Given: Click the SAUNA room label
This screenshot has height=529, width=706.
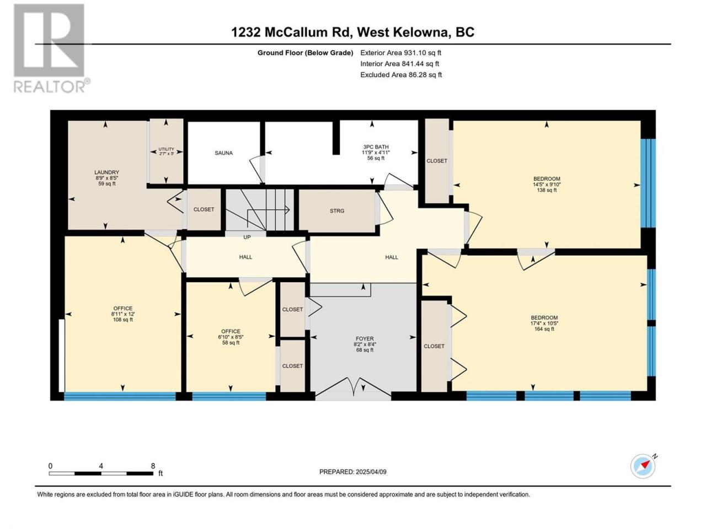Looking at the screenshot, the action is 223,153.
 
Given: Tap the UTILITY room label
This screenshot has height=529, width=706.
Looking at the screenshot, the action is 166,149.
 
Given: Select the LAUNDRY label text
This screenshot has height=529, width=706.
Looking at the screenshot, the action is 107,172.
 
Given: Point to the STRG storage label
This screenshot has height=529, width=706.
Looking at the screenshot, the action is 337,210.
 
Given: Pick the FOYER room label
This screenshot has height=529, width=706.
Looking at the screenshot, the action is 365,338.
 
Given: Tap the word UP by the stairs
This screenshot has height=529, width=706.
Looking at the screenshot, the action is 247,237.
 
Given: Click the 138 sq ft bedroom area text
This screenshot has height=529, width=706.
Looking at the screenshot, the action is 547,190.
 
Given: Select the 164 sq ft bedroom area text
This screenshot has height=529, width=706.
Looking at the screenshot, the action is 544,329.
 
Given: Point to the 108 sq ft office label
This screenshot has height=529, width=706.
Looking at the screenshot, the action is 123,320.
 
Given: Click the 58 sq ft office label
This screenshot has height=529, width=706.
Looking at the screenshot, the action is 231,343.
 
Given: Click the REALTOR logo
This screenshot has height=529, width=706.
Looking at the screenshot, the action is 50,48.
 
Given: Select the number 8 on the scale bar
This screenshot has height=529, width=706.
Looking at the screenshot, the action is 153,466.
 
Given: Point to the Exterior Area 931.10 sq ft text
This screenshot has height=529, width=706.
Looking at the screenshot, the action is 401,53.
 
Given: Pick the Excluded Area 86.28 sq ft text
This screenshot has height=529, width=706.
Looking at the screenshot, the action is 401,75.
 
